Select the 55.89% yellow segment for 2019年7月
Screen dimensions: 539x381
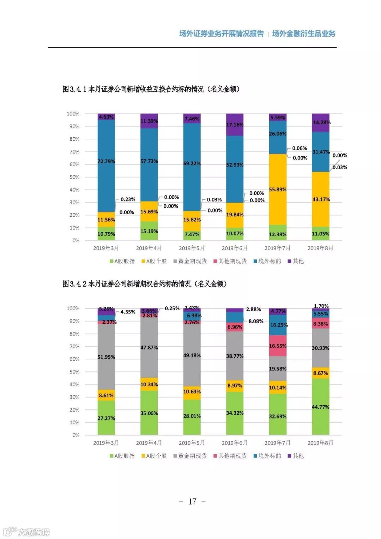[278, 190]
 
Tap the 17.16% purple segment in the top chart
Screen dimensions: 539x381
[235, 125]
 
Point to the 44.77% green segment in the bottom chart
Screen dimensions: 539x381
[320, 407]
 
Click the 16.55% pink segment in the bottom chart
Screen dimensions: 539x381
[278, 346]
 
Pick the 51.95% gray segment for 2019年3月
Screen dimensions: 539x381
[106, 357]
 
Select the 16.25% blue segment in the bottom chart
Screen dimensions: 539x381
[278, 325]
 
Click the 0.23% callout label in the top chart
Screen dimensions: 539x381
[128, 199]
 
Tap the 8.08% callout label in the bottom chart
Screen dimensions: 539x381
[256, 321]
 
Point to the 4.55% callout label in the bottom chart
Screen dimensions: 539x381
[128, 312]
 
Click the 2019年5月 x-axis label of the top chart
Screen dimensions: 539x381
[192, 248]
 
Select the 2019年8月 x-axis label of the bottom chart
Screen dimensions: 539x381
[320, 443]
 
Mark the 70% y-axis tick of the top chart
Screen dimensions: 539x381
[74, 152]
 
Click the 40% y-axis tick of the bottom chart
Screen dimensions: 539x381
[74, 384]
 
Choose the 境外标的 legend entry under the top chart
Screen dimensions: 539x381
[267, 261]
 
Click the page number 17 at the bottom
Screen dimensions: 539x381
[192, 502]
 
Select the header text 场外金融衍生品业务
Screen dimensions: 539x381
[304, 34]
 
